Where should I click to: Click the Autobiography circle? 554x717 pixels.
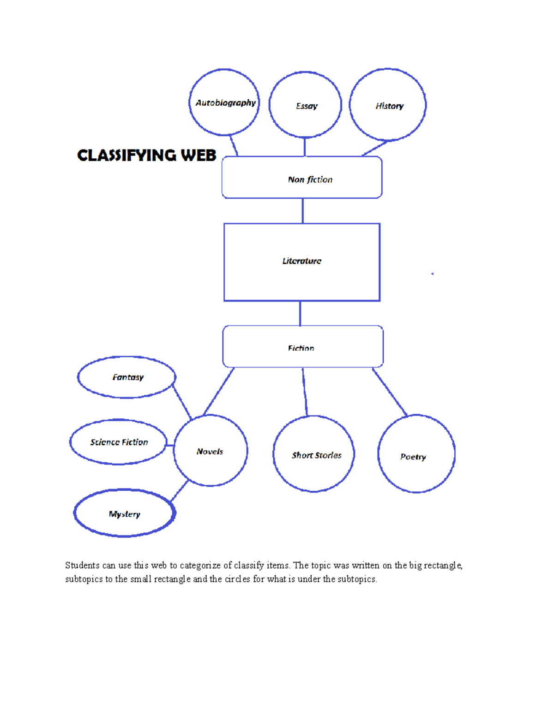coord(224,102)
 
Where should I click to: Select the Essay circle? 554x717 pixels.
coord(305,105)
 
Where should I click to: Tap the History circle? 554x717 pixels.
coord(388,105)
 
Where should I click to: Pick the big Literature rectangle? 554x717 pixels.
coord(302,262)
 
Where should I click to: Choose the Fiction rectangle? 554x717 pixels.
coord(303,347)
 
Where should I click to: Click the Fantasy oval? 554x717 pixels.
coord(126,377)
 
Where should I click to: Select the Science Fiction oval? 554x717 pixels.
coord(118,442)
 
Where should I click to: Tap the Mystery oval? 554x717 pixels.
coord(125,513)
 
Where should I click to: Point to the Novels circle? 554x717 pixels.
coord(211,451)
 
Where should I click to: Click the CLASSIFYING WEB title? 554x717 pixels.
coord(146,156)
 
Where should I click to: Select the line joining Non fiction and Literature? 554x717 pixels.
coord(302,211)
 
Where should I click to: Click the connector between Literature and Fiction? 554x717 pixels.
coord(300,313)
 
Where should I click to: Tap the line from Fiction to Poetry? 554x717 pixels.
coord(390,392)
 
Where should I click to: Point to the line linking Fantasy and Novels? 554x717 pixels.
coord(182,403)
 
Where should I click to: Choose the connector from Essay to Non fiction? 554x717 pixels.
coord(305,147)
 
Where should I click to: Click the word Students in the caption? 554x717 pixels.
coord(82,566)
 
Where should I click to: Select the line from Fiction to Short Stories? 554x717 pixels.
coord(305,392)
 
